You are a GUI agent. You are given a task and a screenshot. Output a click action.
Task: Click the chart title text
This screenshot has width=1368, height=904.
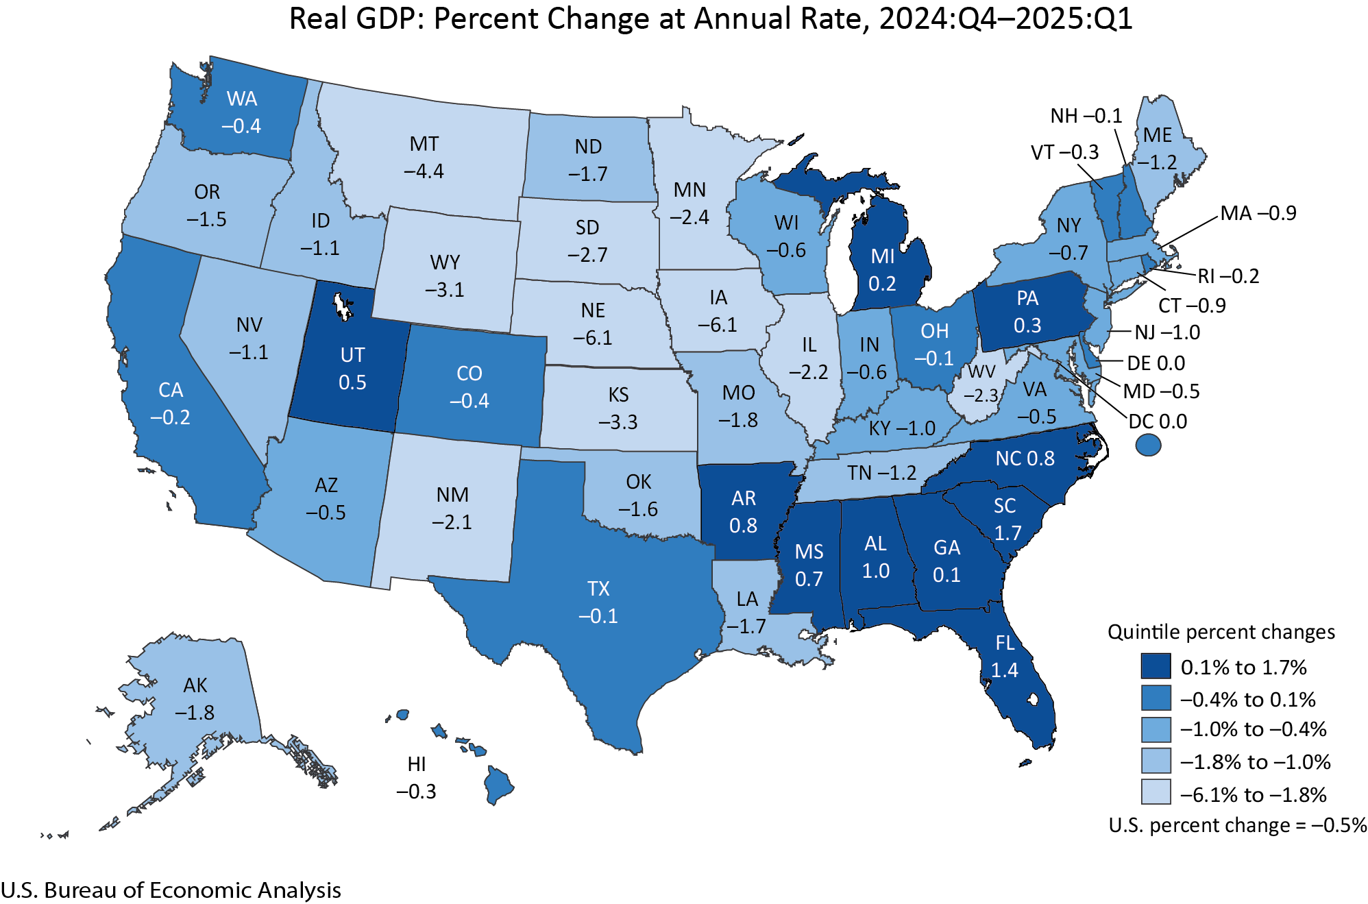[x=710, y=19]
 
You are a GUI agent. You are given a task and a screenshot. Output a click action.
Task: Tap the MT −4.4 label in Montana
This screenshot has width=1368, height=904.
[x=424, y=158]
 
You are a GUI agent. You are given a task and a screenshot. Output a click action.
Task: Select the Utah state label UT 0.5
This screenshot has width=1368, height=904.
[x=352, y=368]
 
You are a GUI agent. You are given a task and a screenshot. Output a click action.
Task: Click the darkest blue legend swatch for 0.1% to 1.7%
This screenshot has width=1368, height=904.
[x=1155, y=666]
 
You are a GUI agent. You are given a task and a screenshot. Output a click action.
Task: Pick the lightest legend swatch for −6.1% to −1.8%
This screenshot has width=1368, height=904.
[x=1155, y=793]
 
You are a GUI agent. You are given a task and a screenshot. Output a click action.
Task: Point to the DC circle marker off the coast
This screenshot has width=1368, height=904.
[x=1148, y=445]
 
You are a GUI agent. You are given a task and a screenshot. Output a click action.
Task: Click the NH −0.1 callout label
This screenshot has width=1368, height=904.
[x=1086, y=116]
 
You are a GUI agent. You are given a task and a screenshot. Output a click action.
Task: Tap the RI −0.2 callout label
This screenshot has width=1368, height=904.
[x=1228, y=276]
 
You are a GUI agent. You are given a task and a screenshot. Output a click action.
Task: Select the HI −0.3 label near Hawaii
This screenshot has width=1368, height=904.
[x=416, y=778]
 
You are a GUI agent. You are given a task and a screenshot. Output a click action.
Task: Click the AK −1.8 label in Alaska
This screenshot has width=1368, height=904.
[x=195, y=699]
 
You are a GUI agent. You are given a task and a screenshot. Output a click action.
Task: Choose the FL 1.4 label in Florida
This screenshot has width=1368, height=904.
[x=1004, y=656]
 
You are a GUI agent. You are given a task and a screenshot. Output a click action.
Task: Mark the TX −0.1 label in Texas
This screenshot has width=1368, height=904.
[x=598, y=602]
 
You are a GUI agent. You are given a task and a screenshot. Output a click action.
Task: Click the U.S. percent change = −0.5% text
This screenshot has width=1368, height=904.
[x=1236, y=825]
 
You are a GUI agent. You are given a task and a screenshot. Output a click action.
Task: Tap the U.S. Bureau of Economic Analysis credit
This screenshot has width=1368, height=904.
[x=171, y=890]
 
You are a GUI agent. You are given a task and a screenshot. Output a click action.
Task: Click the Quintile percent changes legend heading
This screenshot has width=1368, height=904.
[x=1221, y=632]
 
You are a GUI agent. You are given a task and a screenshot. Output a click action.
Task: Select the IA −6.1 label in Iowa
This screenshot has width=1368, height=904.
[x=717, y=310]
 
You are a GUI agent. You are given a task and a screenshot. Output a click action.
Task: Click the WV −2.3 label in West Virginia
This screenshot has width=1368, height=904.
[x=981, y=383]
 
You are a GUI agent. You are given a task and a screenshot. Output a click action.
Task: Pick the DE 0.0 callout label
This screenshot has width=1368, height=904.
[x=1156, y=363]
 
